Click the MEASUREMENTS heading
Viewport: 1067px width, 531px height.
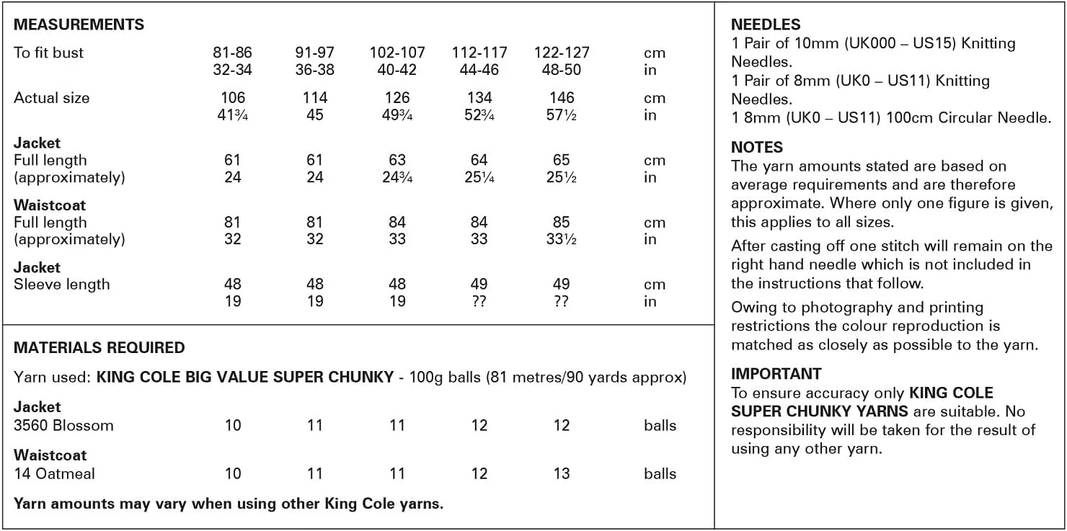79,24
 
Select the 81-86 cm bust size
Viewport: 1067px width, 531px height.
233,53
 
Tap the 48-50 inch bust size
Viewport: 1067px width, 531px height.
562,70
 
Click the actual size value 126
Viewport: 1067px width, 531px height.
397,98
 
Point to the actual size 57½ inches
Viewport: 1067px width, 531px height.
562,115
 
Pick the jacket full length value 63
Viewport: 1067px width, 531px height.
397,160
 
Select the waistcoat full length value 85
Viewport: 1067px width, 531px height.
562,223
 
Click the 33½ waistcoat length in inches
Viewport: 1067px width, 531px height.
562,239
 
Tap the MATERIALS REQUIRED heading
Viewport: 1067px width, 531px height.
99,348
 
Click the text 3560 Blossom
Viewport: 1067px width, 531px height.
63,425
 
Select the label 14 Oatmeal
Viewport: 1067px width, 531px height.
54,473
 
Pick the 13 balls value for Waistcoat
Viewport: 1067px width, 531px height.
562,473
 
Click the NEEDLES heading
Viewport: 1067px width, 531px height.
766,24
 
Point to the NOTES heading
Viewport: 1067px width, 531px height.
756,147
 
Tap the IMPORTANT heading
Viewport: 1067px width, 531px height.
776,374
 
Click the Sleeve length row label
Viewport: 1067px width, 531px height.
62,285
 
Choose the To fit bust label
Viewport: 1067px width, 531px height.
48,53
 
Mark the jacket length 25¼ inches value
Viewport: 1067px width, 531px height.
479,177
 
